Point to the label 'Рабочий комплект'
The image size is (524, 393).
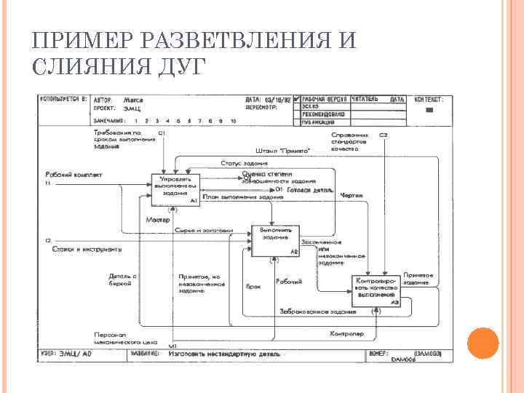pyautogui.click(x=74, y=175)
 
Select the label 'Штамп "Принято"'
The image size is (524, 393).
pyautogui.click(x=284, y=151)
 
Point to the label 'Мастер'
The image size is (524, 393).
pyautogui.click(x=158, y=219)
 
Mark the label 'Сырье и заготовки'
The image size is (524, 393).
pyautogui.click(x=203, y=231)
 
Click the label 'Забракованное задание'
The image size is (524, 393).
pyautogui.click(x=318, y=311)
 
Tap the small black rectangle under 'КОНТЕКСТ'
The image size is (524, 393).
pyautogui.click(x=429, y=110)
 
